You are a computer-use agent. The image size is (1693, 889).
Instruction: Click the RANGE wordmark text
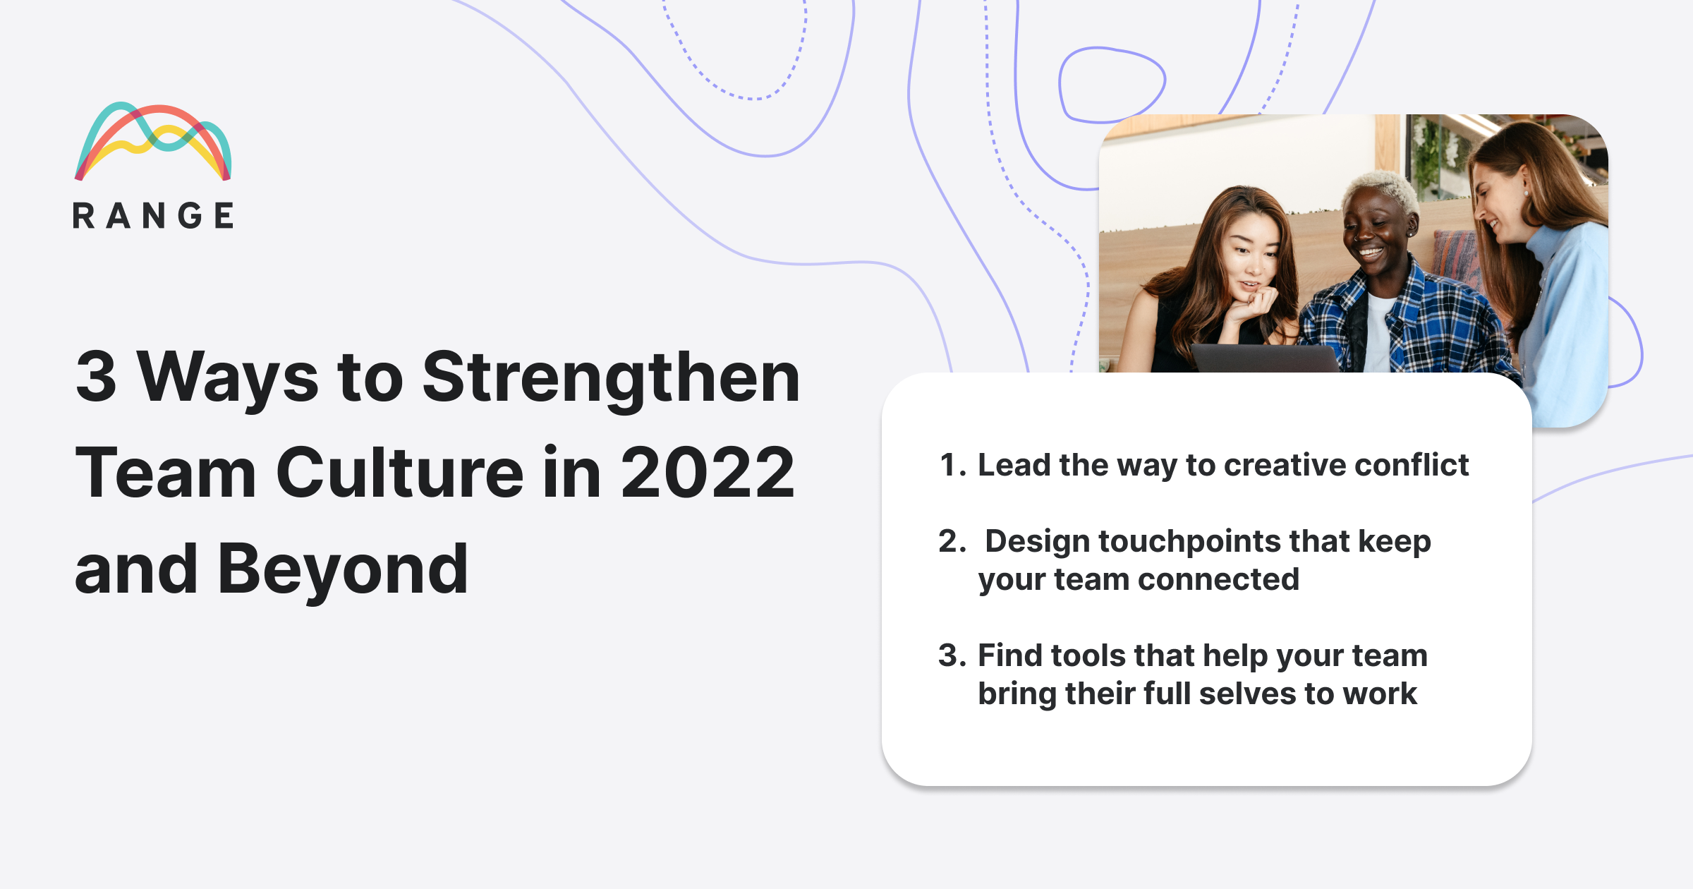coord(153,216)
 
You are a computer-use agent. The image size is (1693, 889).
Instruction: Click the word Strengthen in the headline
coord(610,378)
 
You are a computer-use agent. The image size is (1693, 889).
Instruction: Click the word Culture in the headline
coord(399,473)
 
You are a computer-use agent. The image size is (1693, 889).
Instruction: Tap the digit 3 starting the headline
coord(96,378)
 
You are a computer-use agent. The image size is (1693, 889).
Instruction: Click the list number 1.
coord(950,466)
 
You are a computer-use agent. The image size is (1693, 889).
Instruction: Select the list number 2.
coord(952,542)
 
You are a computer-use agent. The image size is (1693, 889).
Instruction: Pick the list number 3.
coord(951,656)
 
